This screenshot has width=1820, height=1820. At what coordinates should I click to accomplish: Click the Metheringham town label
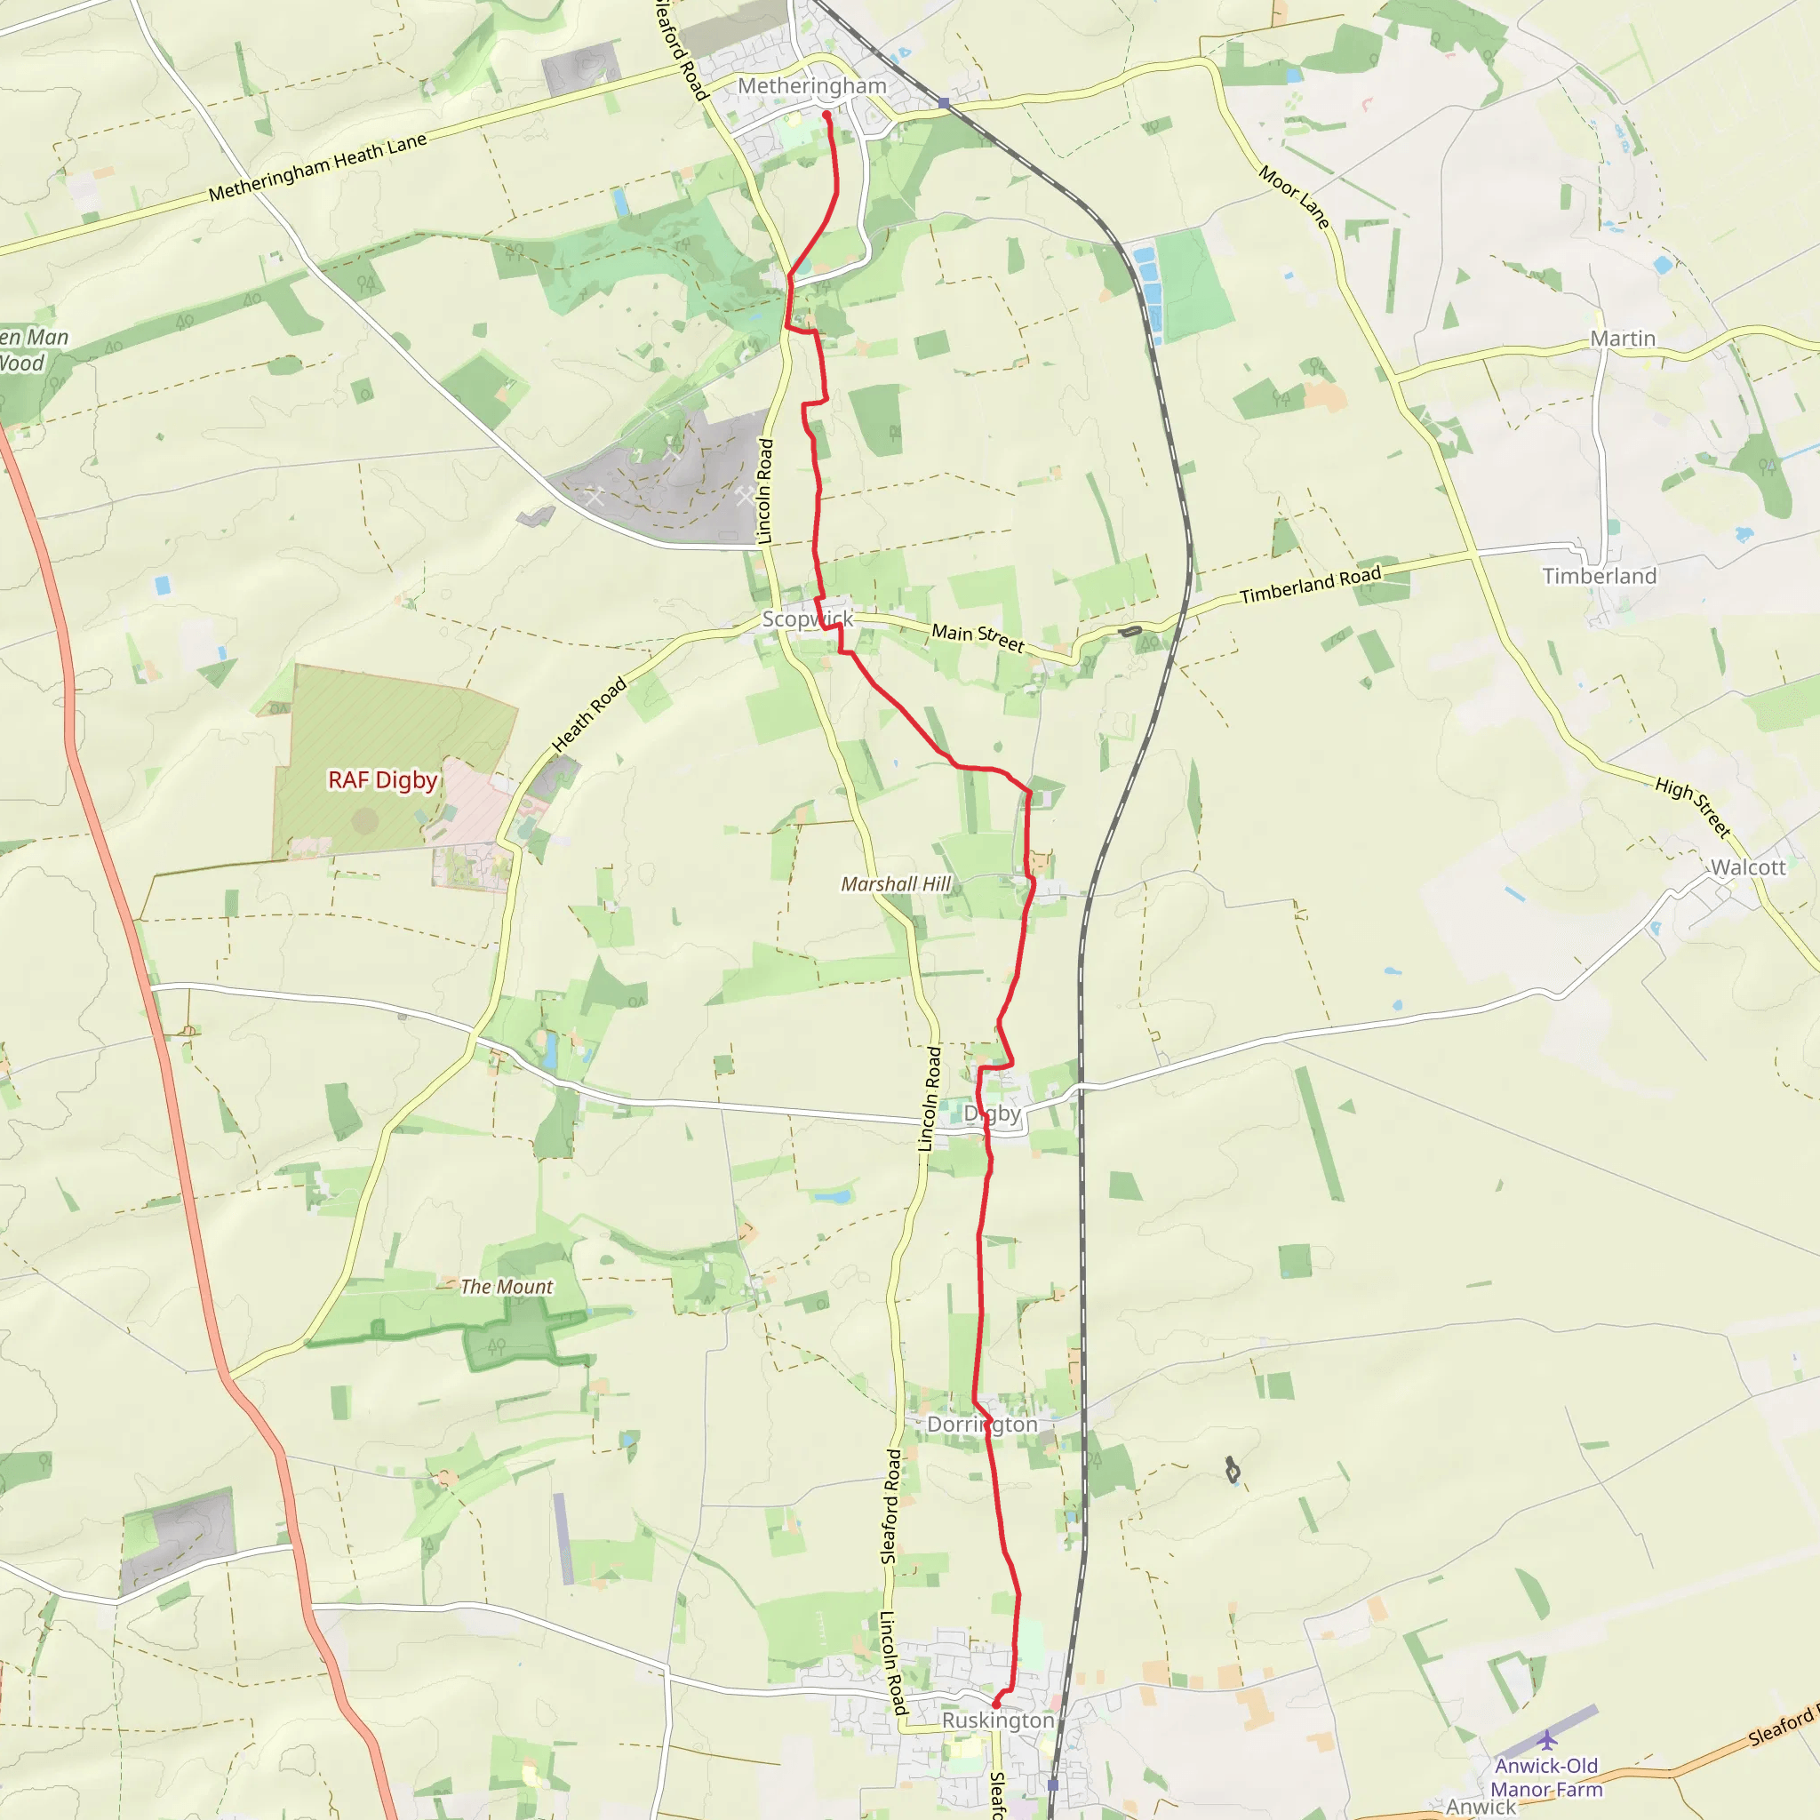click(x=811, y=85)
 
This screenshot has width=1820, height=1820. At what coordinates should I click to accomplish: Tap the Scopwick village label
click(x=807, y=619)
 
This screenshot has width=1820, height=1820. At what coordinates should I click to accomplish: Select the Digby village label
click(x=992, y=1114)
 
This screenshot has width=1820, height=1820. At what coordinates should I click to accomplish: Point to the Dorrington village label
click(x=983, y=1425)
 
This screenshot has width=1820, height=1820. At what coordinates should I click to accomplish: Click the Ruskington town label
click(x=998, y=1720)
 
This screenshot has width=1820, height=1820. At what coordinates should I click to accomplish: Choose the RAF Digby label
click(x=382, y=780)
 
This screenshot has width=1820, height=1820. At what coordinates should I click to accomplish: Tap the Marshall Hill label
click(x=896, y=883)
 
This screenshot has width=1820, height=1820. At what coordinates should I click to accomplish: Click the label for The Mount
click(x=507, y=1287)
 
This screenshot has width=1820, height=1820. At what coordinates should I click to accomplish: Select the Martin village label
click(x=1622, y=339)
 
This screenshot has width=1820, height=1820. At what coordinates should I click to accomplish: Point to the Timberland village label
click(x=1599, y=576)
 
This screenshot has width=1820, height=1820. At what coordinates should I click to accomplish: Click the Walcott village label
click(x=1747, y=867)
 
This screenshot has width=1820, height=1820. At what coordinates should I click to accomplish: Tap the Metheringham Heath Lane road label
click(x=317, y=167)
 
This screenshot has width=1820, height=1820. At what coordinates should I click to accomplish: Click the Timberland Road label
click(x=1311, y=585)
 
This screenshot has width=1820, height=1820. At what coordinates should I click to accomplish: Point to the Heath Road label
click(x=589, y=715)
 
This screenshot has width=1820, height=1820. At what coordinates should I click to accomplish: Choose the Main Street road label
click(x=977, y=638)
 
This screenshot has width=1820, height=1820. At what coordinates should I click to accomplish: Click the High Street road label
click(x=1693, y=807)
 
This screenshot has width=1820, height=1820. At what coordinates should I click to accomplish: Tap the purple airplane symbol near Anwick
click(x=1547, y=1739)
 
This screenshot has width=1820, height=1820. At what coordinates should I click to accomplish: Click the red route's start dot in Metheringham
click(x=826, y=115)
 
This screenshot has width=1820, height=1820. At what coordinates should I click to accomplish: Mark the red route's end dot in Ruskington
click(x=994, y=1704)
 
